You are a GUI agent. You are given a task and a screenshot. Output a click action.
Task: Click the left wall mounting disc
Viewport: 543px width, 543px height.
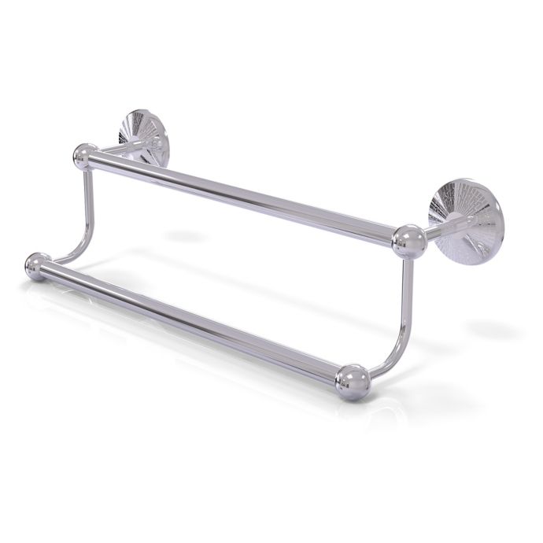pyautogui.click(x=144, y=139)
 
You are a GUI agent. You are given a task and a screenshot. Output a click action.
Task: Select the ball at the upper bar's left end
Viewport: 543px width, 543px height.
pyautogui.click(x=85, y=156)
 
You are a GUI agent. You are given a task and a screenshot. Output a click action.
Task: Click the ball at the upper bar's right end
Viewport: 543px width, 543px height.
pyautogui.click(x=409, y=242)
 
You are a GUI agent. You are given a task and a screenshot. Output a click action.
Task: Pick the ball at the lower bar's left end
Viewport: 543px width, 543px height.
pyautogui.click(x=37, y=266)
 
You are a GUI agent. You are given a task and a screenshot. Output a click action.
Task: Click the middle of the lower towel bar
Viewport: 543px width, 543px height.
pyautogui.click(x=193, y=322)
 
